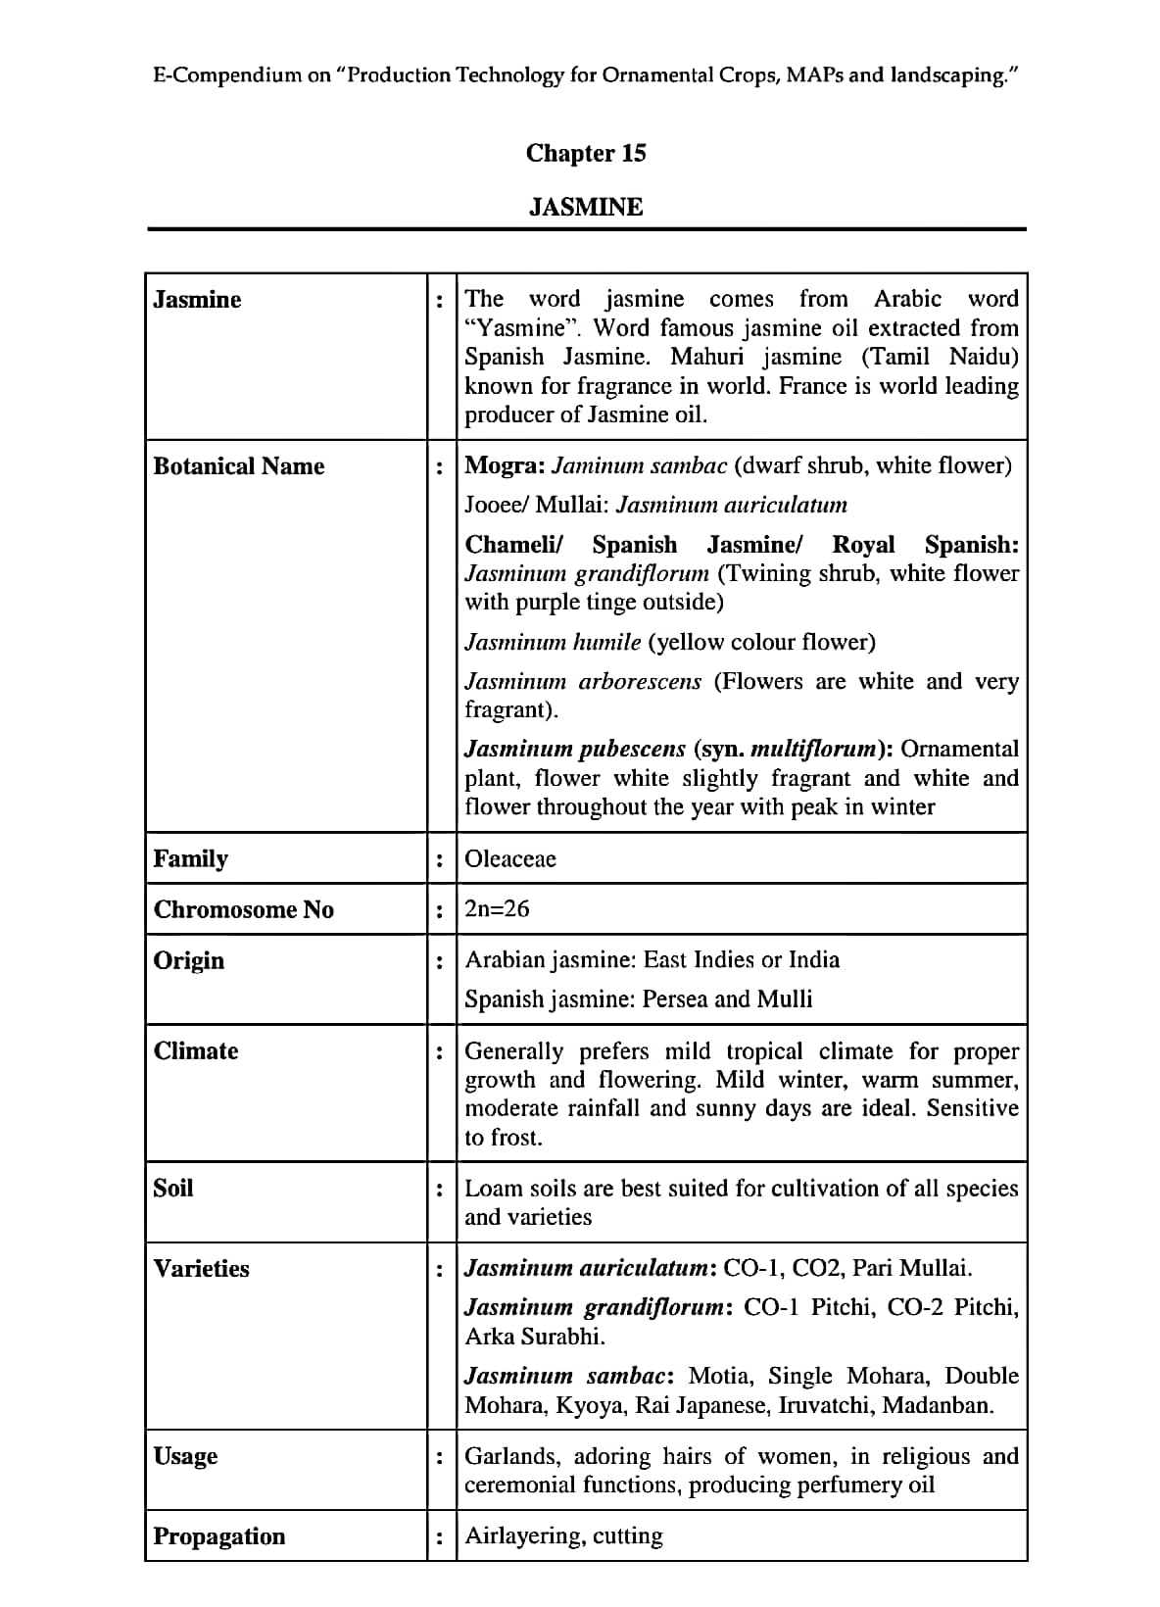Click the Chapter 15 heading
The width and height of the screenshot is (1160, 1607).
point(586,153)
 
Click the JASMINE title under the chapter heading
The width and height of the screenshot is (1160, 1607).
point(586,207)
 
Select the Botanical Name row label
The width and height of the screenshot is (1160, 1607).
point(238,465)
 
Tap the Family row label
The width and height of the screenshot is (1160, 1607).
point(190,858)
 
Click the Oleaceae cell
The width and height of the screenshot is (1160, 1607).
point(509,858)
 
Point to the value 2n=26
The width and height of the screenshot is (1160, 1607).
point(497,908)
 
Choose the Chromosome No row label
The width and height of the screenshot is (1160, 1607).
point(243,909)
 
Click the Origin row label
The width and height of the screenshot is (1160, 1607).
point(188,960)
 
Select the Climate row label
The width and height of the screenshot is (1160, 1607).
point(195,1050)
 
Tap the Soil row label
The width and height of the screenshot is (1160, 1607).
point(172,1188)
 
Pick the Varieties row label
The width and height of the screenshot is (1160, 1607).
point(201,1268)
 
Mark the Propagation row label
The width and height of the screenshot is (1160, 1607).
point(218,1535)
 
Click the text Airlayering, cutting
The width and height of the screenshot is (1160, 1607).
point(563,1535)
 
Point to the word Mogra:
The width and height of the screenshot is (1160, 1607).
point(505,465)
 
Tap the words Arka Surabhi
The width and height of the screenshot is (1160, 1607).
point(535,1336)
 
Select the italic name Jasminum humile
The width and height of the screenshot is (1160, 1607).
point(553,642)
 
